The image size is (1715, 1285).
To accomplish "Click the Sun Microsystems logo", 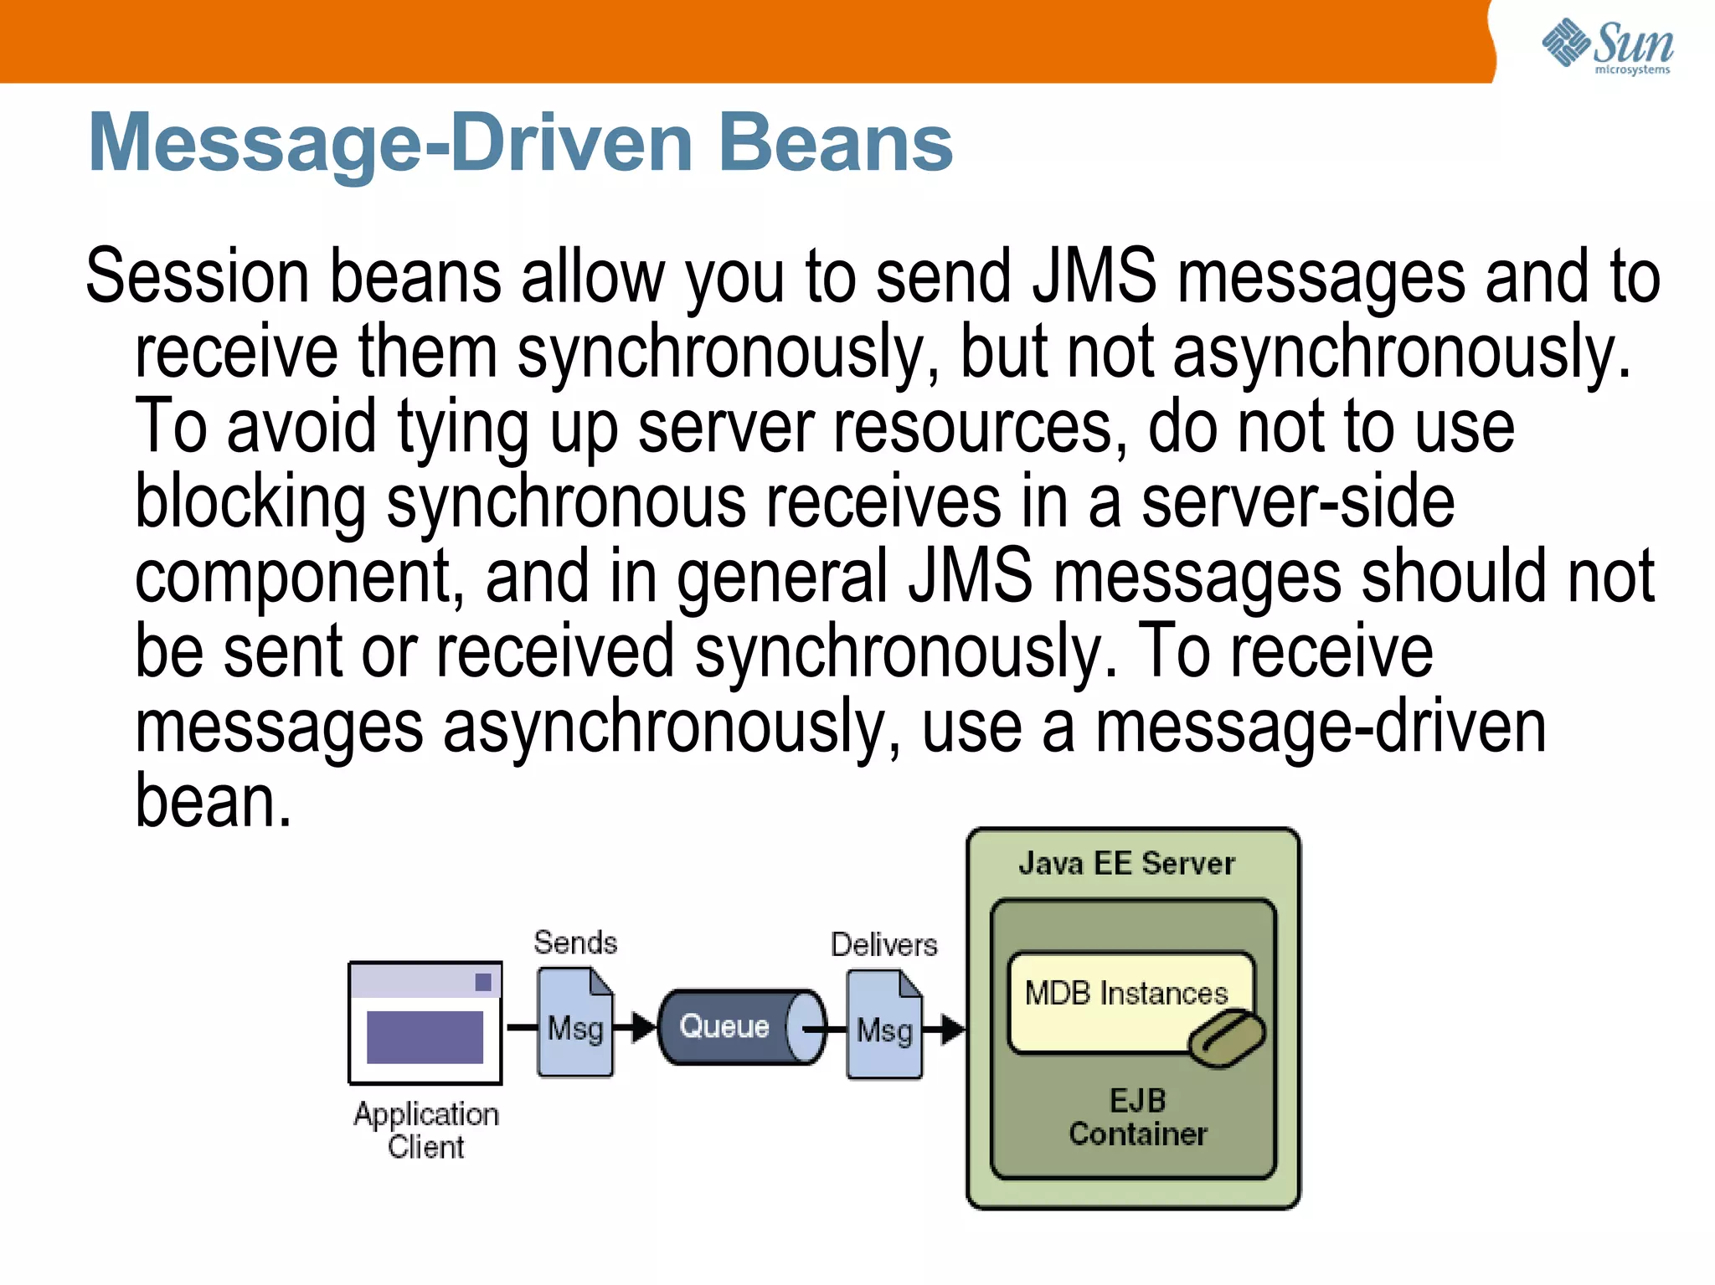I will click(x=1607, y=46).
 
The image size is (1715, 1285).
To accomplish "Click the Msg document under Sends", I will click(x=575, y=1023).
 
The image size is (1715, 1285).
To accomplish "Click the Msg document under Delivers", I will click(x=884, y=1025).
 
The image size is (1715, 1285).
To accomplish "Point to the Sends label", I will click(x=575, y=943).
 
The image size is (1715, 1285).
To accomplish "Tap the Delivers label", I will click(x=883, y=944).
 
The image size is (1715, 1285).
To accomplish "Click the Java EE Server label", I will click(x=1126, y=863).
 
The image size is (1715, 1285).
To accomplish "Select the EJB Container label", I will click(x=1137, y=1117).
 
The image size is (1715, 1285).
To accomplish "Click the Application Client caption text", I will click(x=425, y=1130).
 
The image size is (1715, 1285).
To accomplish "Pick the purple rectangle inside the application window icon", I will click(x=425, y=1037).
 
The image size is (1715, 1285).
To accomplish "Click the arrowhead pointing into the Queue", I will click(x=644, y=1026).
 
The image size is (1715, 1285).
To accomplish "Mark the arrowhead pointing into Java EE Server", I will click(x=952, y=1029).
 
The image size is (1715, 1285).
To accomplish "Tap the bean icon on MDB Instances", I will click(x=1227, y=1038).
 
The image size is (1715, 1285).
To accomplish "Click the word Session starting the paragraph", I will click(x=198, y=276).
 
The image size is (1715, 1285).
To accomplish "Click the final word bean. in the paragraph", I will click(x=213, y=801).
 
